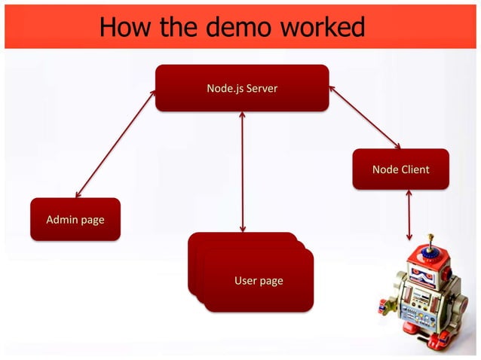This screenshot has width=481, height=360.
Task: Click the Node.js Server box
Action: point(241,88)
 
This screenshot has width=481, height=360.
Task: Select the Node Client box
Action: point(400,169)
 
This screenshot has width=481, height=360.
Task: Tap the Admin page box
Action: point(75,219)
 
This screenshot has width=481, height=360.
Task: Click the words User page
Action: point(259,281)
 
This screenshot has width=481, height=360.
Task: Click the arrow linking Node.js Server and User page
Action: point(242,172)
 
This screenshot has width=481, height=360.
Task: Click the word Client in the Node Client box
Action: point(414,169)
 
